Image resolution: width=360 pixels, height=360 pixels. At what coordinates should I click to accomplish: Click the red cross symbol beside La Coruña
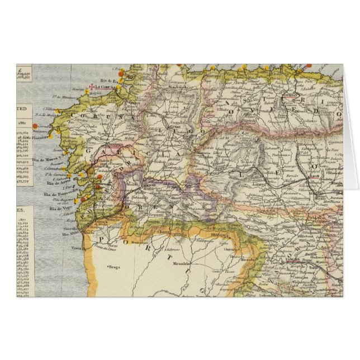coord(93,87)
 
